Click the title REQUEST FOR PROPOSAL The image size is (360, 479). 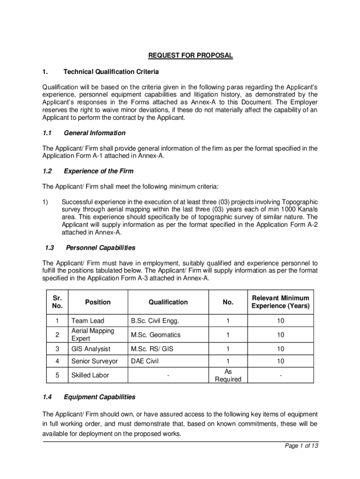point(190,56)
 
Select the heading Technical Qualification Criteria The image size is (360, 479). point(111,72)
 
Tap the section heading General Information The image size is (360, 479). point(94,133)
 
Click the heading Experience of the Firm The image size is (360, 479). point(99,171)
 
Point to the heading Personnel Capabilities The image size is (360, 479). point(101,247)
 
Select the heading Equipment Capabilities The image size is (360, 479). point(100,397)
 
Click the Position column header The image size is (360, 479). point(98,302)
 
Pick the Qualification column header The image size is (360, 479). point(168,302)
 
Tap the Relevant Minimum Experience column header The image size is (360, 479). point(280,302)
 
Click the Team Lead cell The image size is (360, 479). point(87,321)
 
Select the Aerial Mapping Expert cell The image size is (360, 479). point(93,335)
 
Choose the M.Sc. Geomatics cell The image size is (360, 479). point(155,335)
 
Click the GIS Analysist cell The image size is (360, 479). point(91,348)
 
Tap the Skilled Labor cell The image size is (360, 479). point(90,375)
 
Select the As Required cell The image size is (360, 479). point(228,375)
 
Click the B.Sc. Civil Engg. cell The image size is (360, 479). point(155,321)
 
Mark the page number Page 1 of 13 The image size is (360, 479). point(302,446)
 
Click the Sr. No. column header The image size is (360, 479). point(57,302)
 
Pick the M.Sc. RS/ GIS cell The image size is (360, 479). point(152,348)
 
